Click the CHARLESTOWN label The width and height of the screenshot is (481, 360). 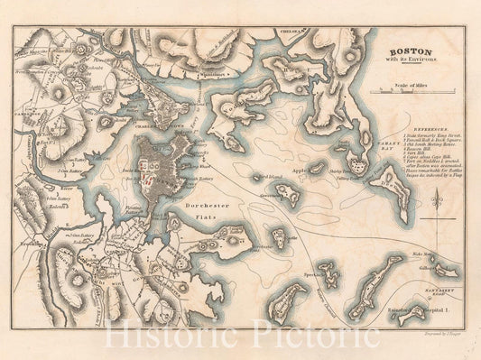147,127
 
